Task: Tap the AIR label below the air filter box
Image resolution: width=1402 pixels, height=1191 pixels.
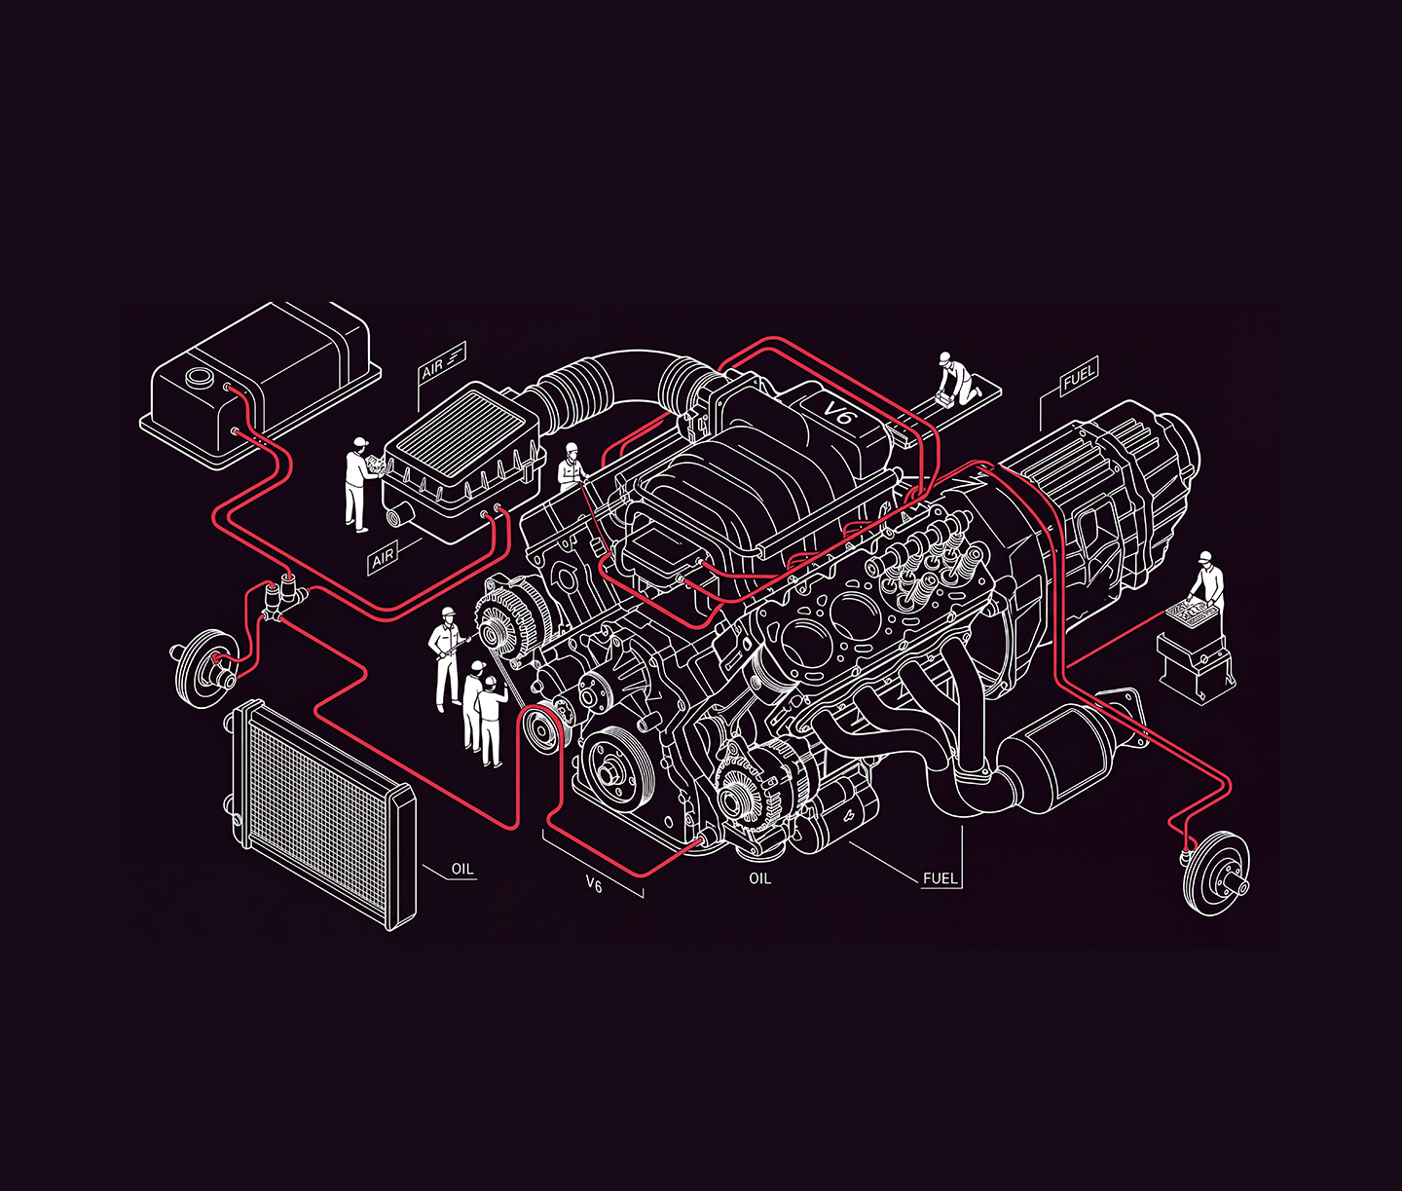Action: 383,559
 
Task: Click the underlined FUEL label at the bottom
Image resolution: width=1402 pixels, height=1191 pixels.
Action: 941,878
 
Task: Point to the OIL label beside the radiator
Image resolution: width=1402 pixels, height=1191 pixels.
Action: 462,870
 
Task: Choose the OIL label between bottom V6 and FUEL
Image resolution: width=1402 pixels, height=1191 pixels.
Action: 759,878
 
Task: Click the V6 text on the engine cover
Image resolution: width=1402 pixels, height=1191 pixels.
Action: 837,412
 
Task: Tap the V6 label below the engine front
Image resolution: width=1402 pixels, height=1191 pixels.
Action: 594,885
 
